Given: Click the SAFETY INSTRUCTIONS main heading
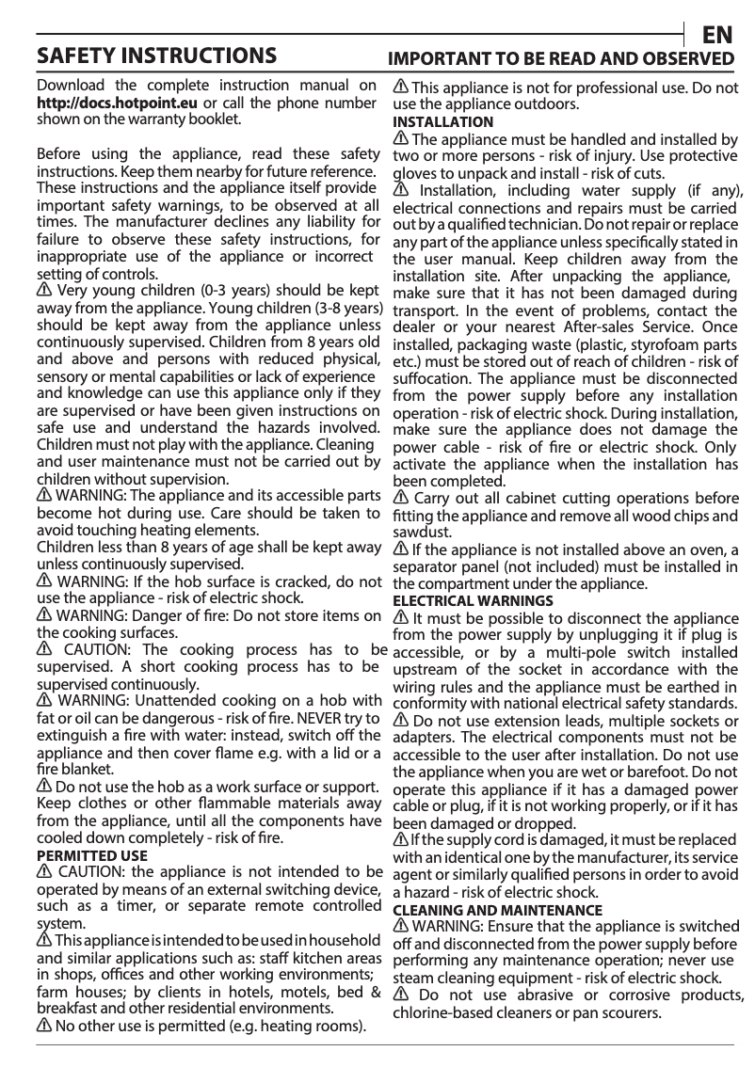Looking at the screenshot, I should pyautogui.click(x=156, y=55).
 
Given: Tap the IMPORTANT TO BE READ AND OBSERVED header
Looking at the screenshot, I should pyautogui.click(x=562, y=58).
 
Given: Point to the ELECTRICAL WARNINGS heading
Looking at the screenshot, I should pyautogui.click(x=473, y=600).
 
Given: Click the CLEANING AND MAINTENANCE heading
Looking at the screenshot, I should pyautogui.click(x=497, y=911).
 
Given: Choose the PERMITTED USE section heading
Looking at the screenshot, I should pyautogui.click(x=91, y=856).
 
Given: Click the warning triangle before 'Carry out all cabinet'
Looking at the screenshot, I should pyautogui.click(x=400, y=498).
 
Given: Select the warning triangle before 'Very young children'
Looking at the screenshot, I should pyautogui.click(x=44, y=291).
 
